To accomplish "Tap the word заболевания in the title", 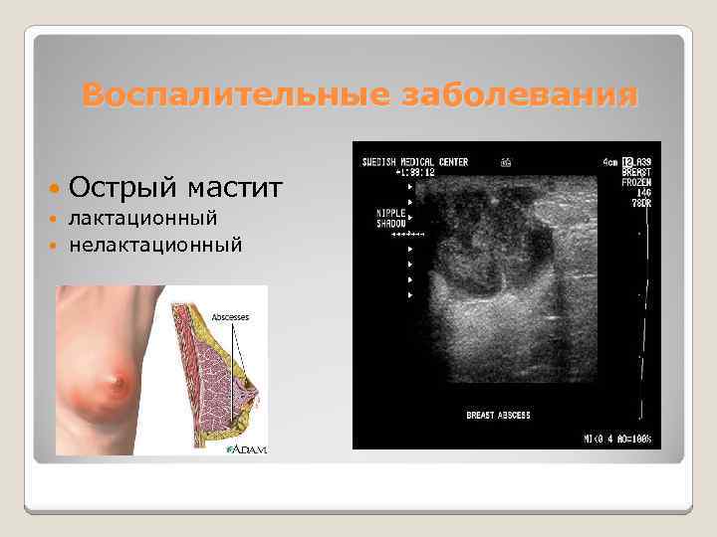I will (517, 95).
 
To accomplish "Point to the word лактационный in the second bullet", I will (143, 218).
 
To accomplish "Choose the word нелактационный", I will (155, 244).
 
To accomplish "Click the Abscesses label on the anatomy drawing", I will (230, 316).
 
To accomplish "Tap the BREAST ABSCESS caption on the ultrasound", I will (498, 414).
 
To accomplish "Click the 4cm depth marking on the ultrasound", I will (603, 162).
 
